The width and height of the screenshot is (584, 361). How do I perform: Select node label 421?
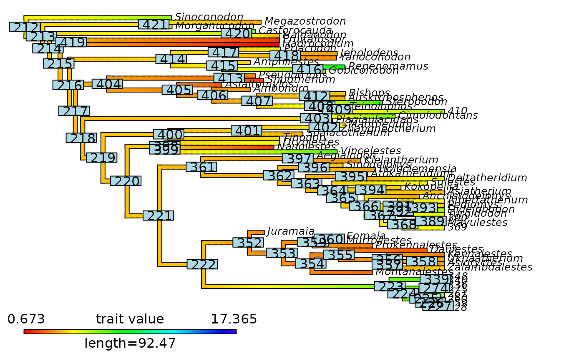(154, 25)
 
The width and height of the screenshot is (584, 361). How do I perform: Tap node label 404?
(107, 84)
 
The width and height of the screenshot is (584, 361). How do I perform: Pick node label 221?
(158, 216)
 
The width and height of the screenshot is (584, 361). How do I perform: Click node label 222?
(202, 264)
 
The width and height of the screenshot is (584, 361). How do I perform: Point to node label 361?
(201, 167)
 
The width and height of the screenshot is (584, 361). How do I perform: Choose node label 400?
(169, 135)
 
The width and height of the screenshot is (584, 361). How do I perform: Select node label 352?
(248, 243)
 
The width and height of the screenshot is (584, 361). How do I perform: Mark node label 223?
(390, 286)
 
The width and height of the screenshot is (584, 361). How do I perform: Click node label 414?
(171, 59)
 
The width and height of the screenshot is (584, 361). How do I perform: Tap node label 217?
(74, 111)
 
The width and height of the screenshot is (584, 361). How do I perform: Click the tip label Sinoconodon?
(209, 17)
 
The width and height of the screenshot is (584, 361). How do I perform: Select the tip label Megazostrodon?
(305, 21)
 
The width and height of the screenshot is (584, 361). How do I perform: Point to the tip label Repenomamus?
(388, 66)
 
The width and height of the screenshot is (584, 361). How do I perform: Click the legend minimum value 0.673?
(26, 319)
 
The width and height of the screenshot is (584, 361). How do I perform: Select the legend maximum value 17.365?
(234, 319)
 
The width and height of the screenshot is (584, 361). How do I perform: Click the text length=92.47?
(130, 343)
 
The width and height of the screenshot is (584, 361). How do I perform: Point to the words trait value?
(130, 319)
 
